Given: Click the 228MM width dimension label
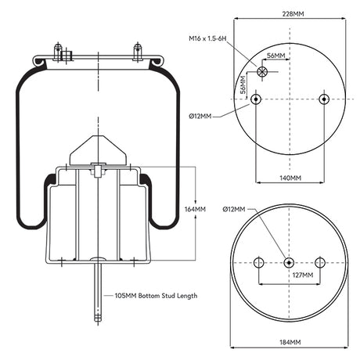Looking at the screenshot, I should point(290,13).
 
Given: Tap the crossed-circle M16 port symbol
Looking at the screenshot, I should point(262,73).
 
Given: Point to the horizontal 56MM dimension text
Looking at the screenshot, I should point(275,56).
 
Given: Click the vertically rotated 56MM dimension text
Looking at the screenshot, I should point(243,83).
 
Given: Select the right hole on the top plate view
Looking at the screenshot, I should point(324,99).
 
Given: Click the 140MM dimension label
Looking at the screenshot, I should point(290,178).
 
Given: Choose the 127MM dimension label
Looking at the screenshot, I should point(302,275).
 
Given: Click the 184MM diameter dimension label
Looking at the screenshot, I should point(290,343).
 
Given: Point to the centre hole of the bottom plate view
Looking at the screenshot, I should point(290,262).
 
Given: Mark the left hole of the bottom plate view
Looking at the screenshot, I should point(260,262).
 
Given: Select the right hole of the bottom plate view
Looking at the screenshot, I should point(319,262).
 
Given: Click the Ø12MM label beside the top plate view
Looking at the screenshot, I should point(200,116).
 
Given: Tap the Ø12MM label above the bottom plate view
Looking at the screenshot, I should point(233,210).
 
